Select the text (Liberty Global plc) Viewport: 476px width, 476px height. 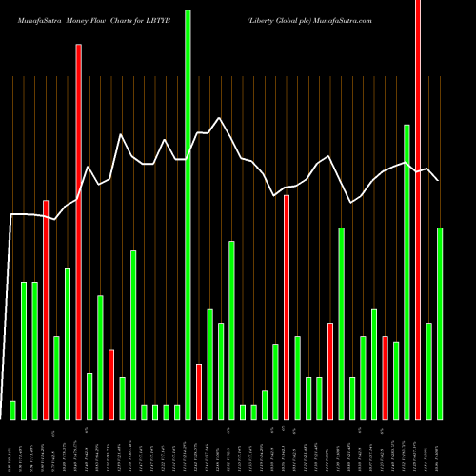tap(278, 19)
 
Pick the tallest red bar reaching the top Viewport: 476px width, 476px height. tap(418, 209)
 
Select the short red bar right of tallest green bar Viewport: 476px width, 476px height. tap(199, 391)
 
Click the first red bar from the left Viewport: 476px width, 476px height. tap(46, 309)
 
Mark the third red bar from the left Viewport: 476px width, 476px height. tap(111, 385)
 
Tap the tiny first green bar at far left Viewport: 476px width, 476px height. tap(12, 410)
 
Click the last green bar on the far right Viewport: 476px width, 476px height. tap(440, 324)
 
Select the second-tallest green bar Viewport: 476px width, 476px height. tap(407, 271)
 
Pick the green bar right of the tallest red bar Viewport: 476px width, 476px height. tap(429, 371)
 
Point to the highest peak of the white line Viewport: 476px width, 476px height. tap(220, 118)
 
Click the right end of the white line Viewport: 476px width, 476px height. tap(438, 180)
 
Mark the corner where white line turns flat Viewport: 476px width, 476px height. tap(11, 215)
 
